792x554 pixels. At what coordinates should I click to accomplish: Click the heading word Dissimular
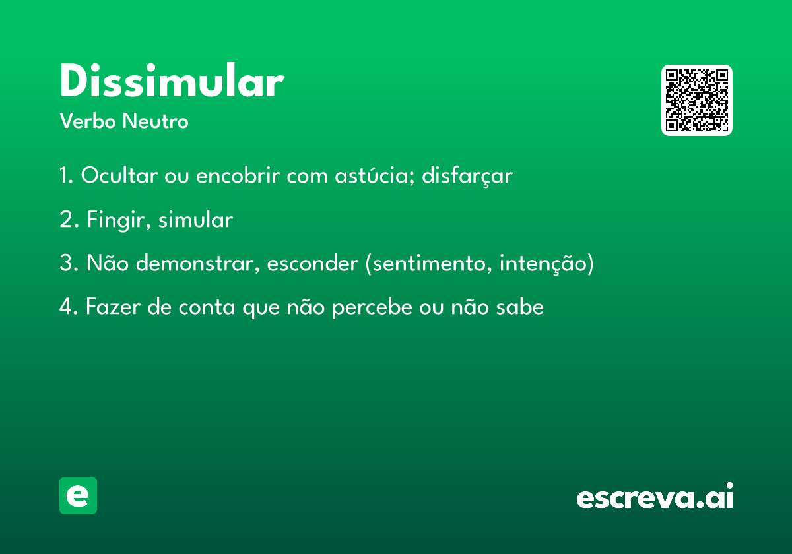172,80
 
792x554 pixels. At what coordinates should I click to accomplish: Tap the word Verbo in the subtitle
88,121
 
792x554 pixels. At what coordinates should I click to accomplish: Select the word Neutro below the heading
155,121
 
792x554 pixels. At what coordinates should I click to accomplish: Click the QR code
696,100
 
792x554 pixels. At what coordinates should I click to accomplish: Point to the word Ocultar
119,175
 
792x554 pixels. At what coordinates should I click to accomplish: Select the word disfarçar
467,175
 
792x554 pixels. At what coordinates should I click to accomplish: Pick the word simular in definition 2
196,219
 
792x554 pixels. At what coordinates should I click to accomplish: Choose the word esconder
313,263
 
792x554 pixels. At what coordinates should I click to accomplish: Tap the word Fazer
113,307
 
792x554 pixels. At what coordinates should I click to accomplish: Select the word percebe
372,307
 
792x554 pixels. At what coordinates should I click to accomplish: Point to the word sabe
520,307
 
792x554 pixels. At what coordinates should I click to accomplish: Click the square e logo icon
78,495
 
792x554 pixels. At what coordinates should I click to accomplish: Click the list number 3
67,263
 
